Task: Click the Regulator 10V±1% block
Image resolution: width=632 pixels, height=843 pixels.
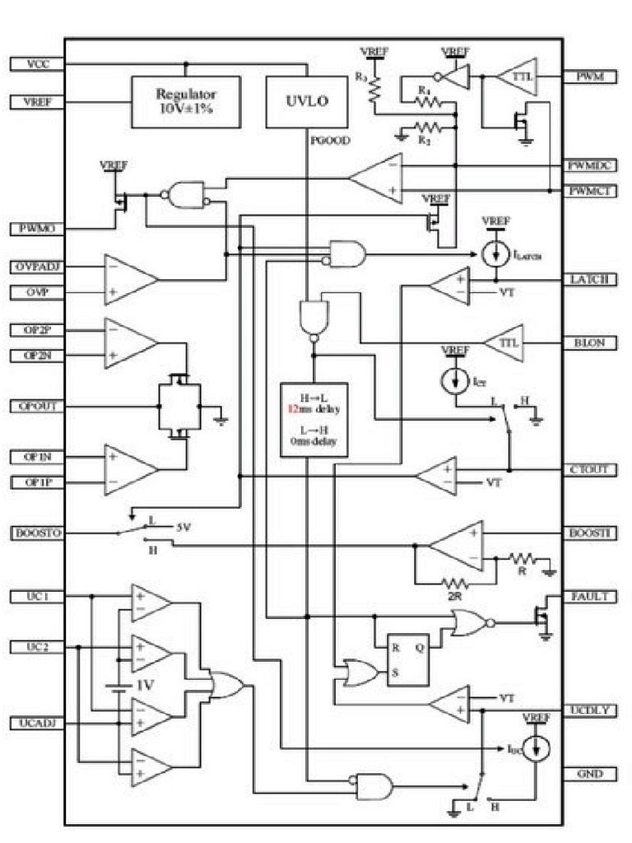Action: [186, 102]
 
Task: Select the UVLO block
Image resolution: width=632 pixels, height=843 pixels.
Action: [306, 102]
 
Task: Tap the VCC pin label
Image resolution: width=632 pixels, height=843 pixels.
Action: [36, 63]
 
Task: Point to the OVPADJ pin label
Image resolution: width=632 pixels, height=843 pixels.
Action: [36, 267]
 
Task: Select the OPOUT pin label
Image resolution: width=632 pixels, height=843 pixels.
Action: [36, 406]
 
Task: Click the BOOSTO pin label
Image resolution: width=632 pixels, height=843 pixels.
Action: [36, 533]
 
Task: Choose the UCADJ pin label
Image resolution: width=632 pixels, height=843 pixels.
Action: [36, 723]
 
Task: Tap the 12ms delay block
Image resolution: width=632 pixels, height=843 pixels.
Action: [314, 419]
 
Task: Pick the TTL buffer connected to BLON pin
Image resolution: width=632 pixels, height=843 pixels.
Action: [504, 342]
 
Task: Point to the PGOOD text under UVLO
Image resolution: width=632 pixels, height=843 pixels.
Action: [330, 141]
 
